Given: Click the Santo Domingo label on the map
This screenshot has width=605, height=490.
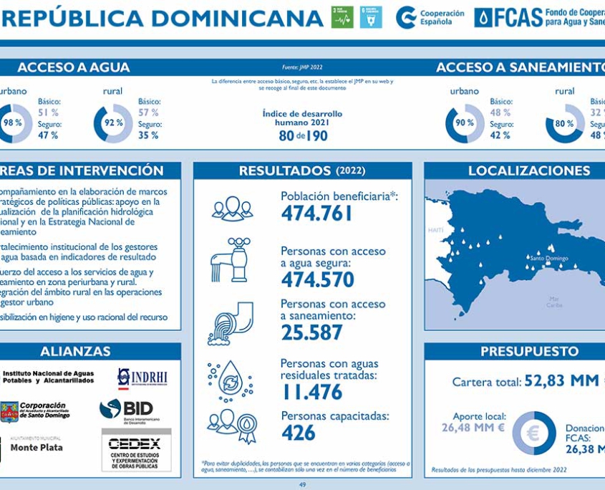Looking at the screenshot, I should [x=549, y=259].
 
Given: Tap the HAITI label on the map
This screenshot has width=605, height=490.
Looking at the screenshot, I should [x=435, y=231].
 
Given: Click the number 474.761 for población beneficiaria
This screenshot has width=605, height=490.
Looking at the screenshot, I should [x=316, y=213].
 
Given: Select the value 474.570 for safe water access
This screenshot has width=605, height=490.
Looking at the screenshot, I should [x=317, y=279].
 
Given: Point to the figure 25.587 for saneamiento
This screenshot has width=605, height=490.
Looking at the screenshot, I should [x=311, y=332].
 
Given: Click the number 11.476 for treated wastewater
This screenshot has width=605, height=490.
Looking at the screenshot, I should [x=311, y=392].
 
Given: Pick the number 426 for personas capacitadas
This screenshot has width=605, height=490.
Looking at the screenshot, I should [x=298, y=433].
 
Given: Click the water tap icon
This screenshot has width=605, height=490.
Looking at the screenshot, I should [x=231, y=261].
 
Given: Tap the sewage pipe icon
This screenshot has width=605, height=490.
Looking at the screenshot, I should [x=231, y=323].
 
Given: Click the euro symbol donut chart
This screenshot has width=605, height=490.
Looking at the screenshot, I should [x=533, y=433].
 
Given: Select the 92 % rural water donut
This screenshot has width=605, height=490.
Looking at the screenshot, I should [x=114, y=123].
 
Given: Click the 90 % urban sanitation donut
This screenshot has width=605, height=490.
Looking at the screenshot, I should [x=465, y=123].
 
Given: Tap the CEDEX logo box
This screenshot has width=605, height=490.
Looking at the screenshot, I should [x=135, y=450].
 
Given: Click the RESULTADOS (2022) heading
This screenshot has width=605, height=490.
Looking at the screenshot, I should [x=302, y=171].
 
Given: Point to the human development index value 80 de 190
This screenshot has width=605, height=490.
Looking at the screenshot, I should [x=303, y=135].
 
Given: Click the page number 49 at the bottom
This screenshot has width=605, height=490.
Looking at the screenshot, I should [x=303, y=485].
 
